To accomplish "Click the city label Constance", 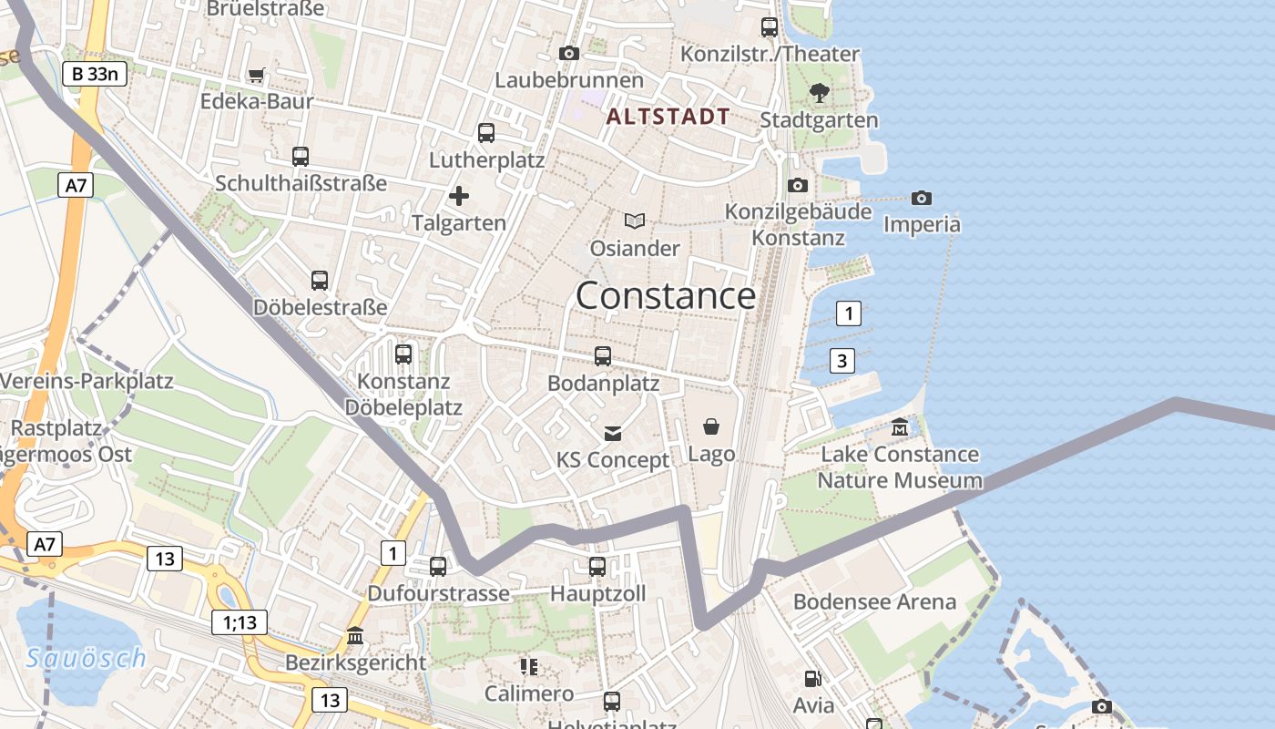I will point(666,296).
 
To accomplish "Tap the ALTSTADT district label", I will point(668,117).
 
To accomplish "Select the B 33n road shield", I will point(95,74).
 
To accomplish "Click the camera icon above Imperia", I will point(922,198).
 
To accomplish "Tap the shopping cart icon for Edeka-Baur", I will point(257,76).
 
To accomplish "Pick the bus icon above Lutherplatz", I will point(486,133).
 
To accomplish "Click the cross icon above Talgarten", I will point(459,196).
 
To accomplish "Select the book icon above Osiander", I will point(635,221).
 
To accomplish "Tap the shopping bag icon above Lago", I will point(711,426).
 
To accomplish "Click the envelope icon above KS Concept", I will point(613,434).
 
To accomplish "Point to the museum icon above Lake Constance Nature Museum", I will point(900,426).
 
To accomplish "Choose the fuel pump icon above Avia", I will point(812,678).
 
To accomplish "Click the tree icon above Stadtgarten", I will point(820,92).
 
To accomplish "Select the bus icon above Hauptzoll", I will point(597,567).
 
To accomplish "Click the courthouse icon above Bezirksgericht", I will point(355,635).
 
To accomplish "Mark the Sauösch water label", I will point(86,658).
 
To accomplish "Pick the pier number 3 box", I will point(842,361).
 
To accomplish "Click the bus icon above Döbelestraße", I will point(320,281).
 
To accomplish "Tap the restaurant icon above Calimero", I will point(529,667).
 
